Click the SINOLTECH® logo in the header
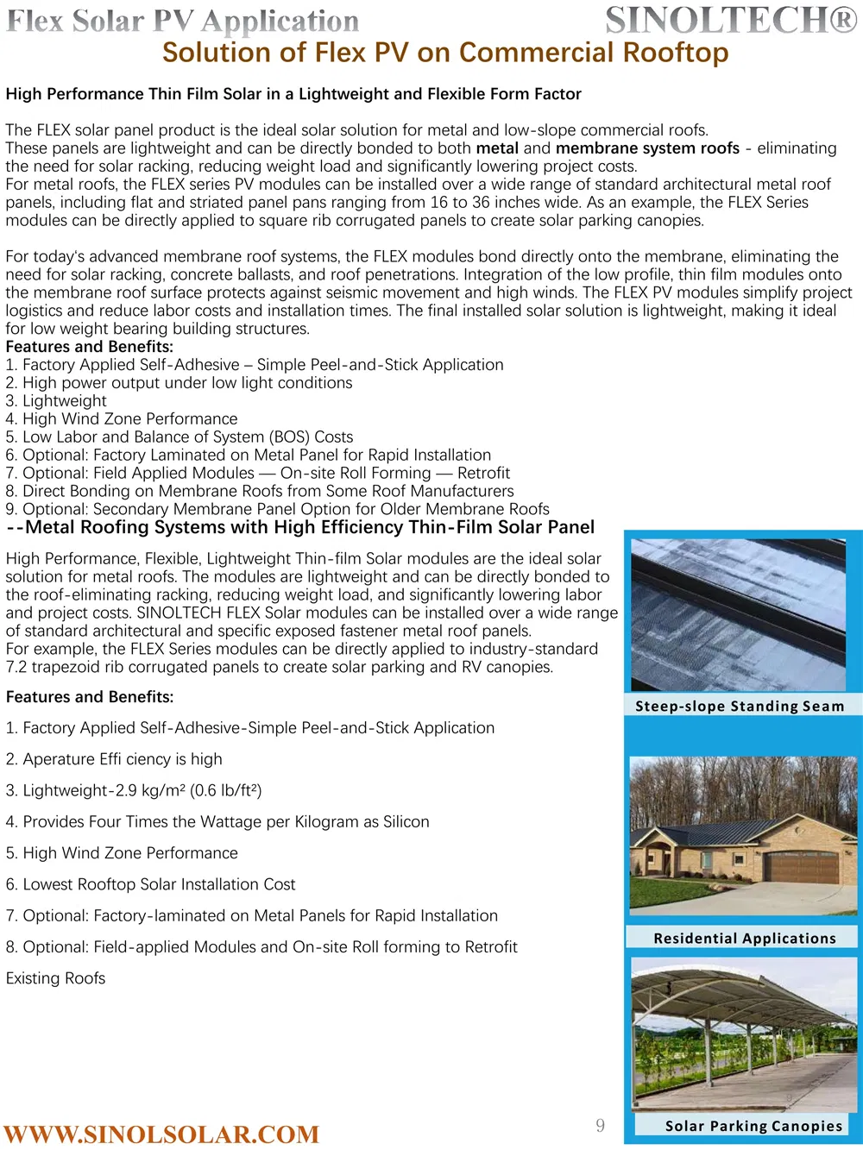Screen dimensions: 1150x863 pos(731,20)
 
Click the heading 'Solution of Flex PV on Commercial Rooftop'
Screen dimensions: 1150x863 pos(445,53)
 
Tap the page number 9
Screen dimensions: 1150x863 pos(601,1125)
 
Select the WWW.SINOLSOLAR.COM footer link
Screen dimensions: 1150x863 pos(161,1134)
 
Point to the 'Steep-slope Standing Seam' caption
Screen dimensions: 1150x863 pos(740,706)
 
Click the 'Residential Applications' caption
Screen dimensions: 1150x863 pos(745,938)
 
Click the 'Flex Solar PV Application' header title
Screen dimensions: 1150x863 pos(182,21)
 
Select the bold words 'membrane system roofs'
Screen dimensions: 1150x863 pos(647,148)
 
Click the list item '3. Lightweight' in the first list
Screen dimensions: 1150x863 pos(56,401)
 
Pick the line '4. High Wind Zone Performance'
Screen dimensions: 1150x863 pos(122,419)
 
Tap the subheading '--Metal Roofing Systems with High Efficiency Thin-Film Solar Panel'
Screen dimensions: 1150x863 pos(300,527)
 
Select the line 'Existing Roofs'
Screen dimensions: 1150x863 pos(56,978)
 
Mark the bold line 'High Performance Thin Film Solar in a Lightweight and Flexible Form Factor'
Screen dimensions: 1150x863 pos(293,94)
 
